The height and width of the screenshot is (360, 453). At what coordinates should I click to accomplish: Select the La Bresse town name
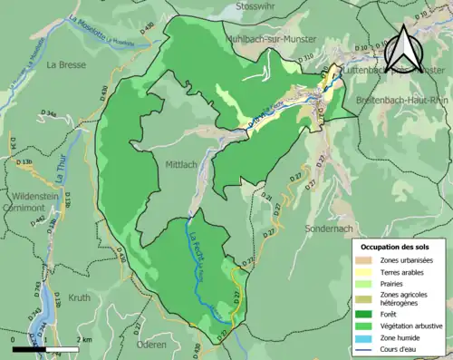[64, 64]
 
